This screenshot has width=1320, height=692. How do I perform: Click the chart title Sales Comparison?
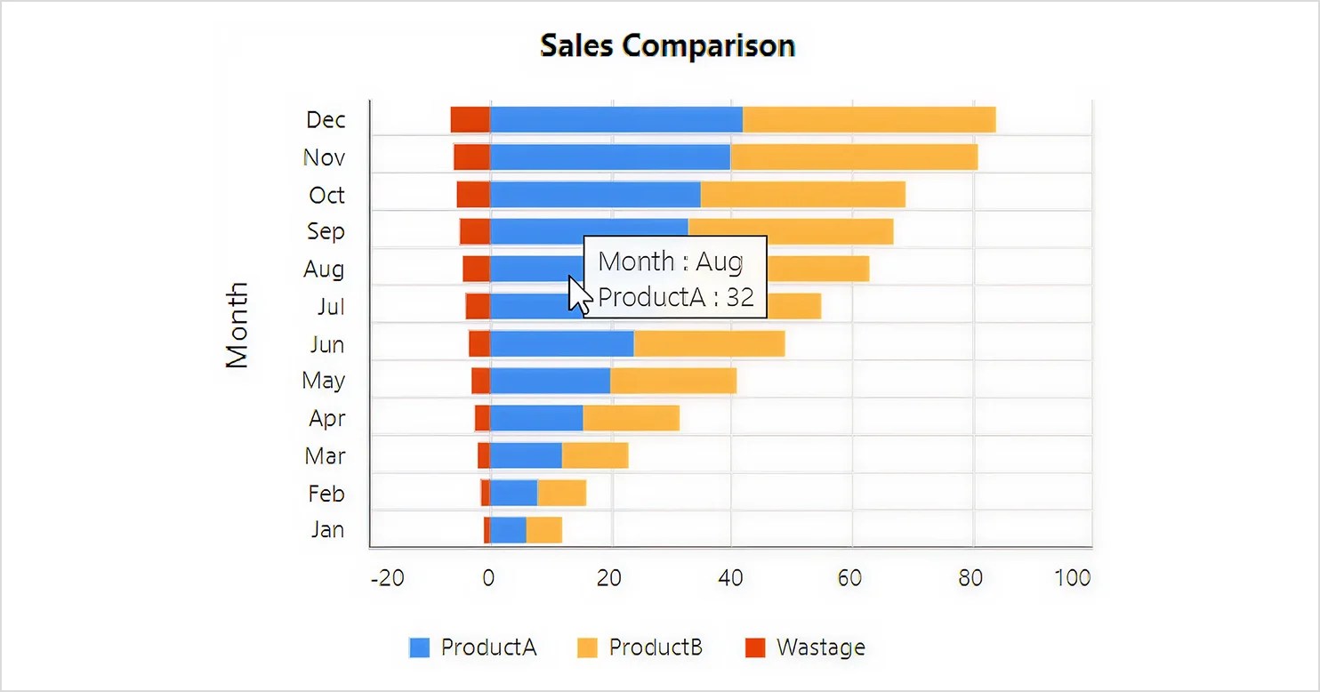(x=668, y=45)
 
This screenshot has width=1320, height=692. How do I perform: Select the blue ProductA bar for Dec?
(x=616, y=120)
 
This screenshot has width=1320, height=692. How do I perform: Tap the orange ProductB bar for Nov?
(x=854, y=157)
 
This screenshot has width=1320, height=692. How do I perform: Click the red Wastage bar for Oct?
(x=473, y=195)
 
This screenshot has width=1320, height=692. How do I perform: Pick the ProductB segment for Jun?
(x=710, y=343)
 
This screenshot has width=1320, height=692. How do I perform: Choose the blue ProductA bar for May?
(x=551, y=381)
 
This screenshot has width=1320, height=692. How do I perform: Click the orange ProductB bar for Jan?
(x=543, y=530)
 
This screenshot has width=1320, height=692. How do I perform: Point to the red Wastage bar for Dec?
(x=471, y=120)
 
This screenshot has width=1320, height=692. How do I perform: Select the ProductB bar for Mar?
(x=595, y=455)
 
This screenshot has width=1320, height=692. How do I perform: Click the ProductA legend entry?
(x=472, y=648)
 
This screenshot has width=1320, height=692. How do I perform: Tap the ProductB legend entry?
(x=640, y=648)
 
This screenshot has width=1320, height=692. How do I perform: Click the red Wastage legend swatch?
(x=755, y=648)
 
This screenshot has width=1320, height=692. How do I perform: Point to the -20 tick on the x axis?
(x=387, y=578)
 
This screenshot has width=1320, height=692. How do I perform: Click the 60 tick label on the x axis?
(x=849, y=578)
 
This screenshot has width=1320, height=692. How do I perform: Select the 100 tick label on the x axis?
(x=1073, y=578)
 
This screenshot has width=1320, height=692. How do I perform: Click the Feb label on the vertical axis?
(x=326, y=494)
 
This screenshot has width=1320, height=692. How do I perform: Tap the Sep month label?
(x=326, y=231)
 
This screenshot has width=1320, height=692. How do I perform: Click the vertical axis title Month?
(x=237, y=326)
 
